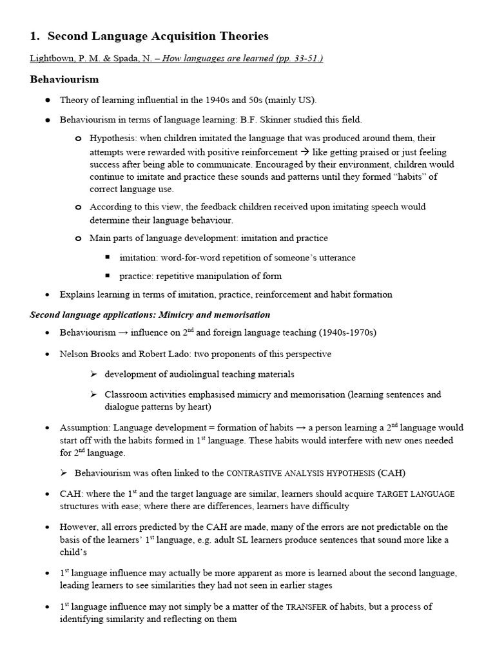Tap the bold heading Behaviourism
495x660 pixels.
click(x=64, y=80)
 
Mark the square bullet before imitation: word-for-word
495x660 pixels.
click(x=108, y=258)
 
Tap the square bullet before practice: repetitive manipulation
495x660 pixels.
click(x=108, y=277)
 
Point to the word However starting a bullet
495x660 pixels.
click(x=78, y=527)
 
